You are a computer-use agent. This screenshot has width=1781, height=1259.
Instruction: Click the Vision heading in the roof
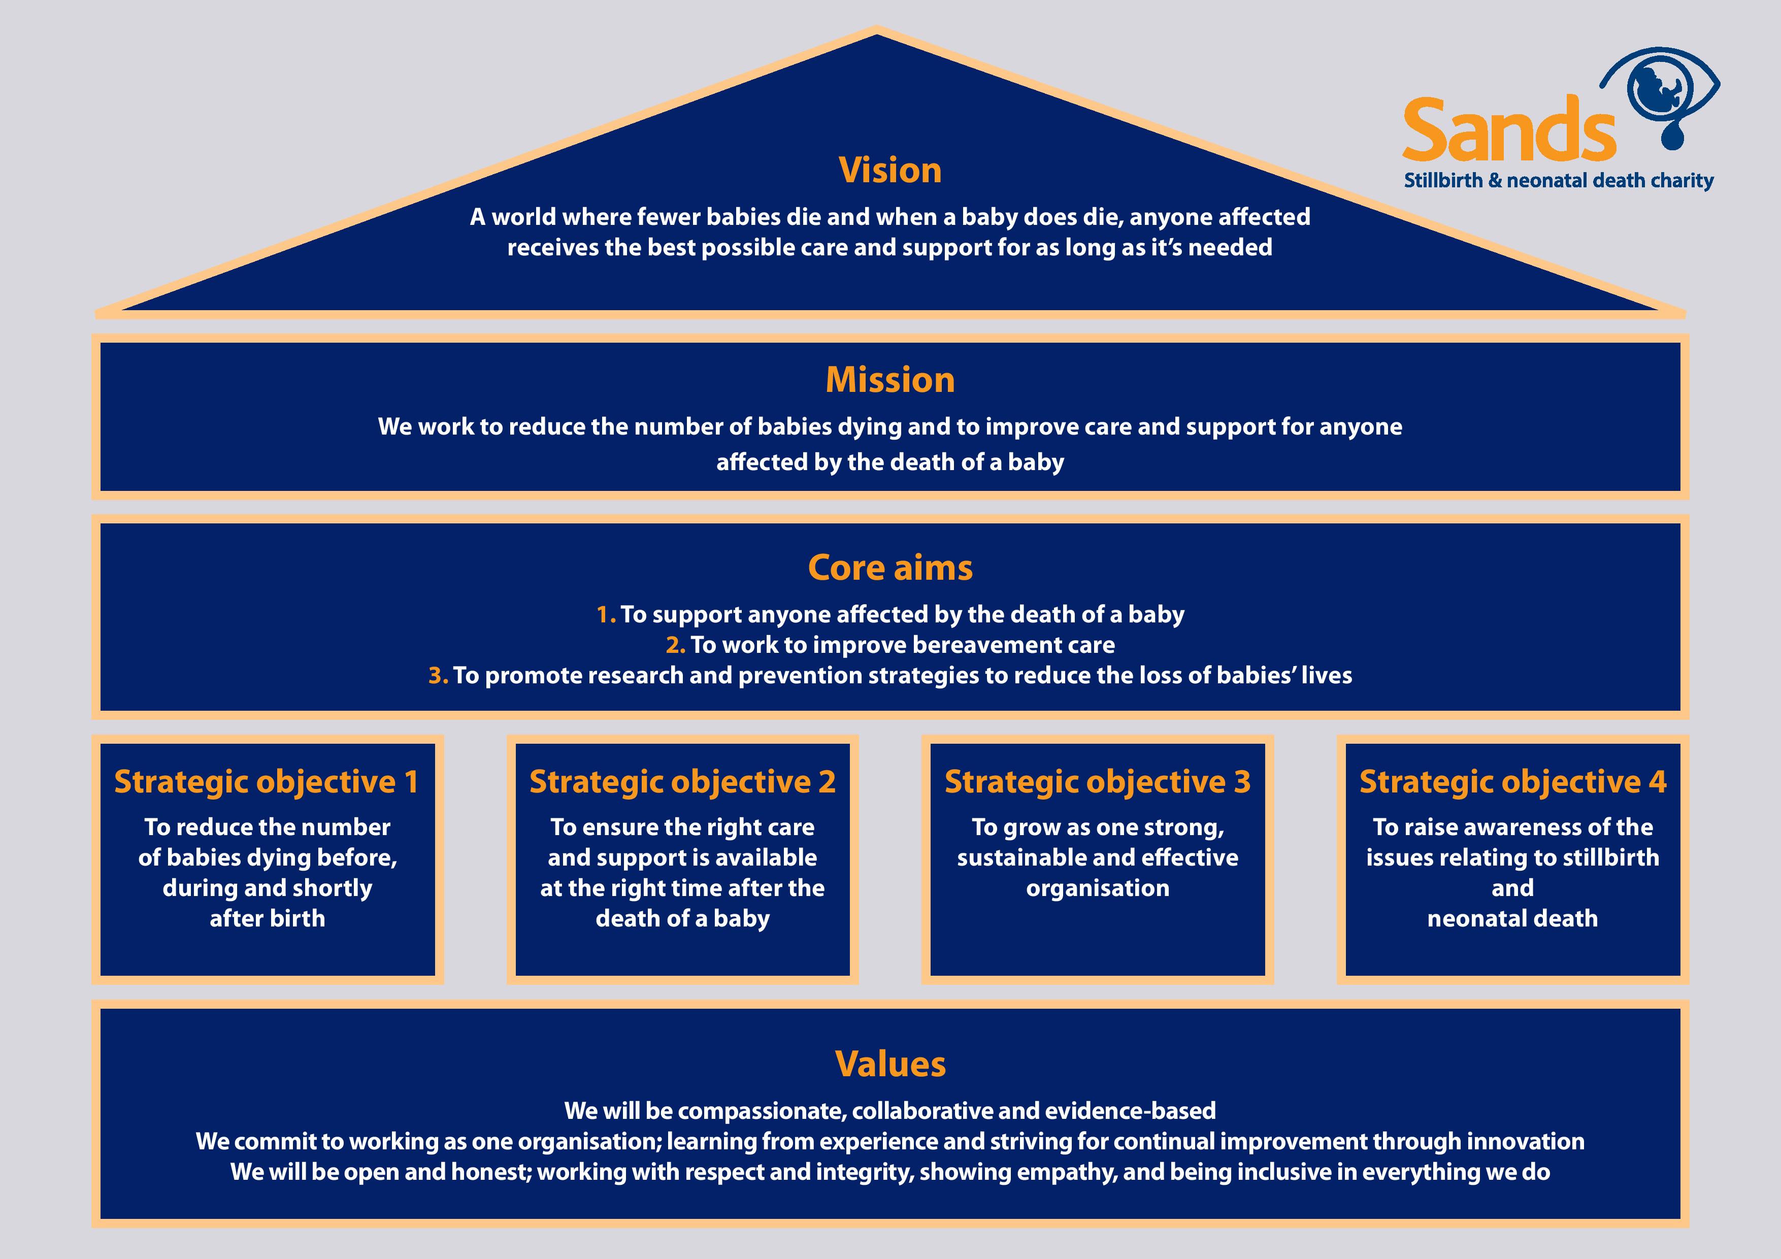(x=889, y=171)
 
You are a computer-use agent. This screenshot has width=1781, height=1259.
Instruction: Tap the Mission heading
(x=889, y=380)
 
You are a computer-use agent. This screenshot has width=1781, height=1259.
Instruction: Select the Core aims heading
(x=889, y=568)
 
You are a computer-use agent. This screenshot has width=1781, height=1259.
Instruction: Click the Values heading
(x=889, y=1064)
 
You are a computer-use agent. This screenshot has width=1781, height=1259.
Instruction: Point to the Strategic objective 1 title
(x=267, y=782)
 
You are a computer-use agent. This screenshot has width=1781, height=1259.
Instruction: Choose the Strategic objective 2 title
(x=682, y=782)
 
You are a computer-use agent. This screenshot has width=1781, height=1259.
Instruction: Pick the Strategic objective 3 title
(x=1097, y=782)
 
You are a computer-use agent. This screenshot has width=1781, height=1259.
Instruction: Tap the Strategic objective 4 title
(x=1512, y=782)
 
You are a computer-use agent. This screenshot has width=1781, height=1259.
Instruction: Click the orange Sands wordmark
(x=1509, y=130)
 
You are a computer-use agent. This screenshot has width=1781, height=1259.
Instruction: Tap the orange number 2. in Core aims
(x=675, y=645)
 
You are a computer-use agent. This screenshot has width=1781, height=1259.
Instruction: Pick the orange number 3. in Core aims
(x=438, y=676)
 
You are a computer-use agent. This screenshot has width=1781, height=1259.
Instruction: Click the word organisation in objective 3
(x=1097, y=888)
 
